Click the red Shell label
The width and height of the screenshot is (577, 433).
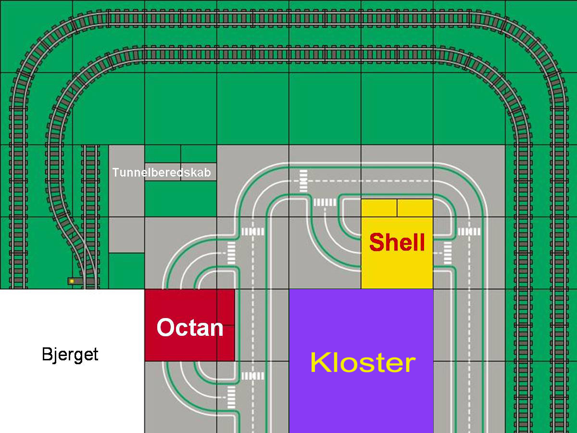point(397,242)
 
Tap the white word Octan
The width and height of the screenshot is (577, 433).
point(190,328)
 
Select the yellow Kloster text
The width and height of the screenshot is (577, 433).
point(363,362)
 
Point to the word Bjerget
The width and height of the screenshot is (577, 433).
point(70,355)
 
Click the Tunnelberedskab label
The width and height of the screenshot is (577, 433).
point(162,172)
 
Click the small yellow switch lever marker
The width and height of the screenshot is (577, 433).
point(72,280)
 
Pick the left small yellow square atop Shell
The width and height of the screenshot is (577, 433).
point(379,208)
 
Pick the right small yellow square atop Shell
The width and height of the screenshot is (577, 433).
point(415,208)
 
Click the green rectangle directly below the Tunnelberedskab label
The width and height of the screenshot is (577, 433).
point(180,198)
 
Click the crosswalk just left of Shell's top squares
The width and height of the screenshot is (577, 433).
point(325,203)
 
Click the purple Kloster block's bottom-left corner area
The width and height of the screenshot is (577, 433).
point(296,426)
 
